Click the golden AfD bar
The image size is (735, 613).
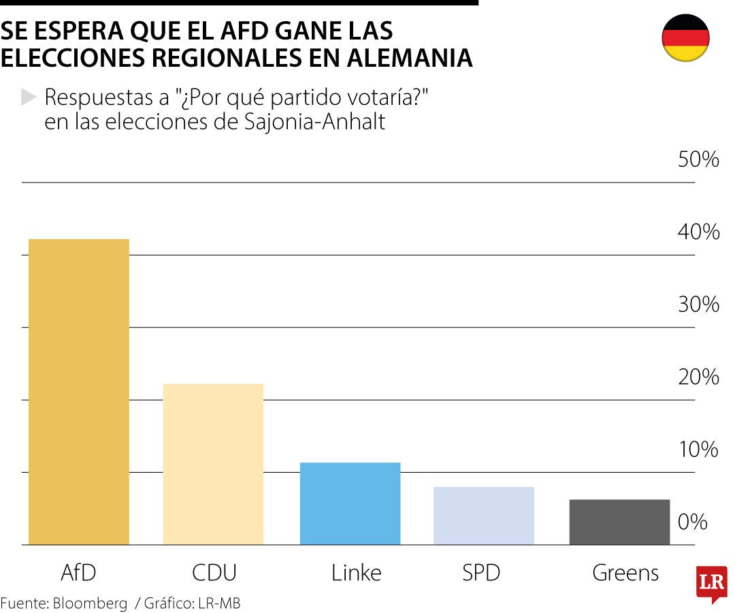coord(79,392)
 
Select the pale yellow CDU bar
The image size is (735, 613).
coord(213,465)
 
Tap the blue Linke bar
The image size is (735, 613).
coord(350,504)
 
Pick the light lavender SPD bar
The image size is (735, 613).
coord(484,516)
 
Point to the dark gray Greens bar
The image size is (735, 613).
coord(620,522)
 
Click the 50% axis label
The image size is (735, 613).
coord(698,159)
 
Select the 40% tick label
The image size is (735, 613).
coord(698,232)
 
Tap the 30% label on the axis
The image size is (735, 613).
coord(698,304)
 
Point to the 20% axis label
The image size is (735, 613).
coord(698,377)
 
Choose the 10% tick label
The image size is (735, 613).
coord(698,450)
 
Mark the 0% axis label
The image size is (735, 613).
coord(692,522)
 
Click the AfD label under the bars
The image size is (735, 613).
coord(79,573)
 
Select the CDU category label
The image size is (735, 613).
coord(214,573)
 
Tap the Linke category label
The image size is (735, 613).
coord(356,573)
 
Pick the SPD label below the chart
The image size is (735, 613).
coord(481,573)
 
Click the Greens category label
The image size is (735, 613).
coord(625,573)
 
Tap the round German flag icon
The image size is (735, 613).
coord(685,38)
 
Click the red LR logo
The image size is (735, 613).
coord(712,583)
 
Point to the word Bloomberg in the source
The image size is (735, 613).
coord(90,603)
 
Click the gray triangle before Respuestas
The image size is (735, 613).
coord(29,97)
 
